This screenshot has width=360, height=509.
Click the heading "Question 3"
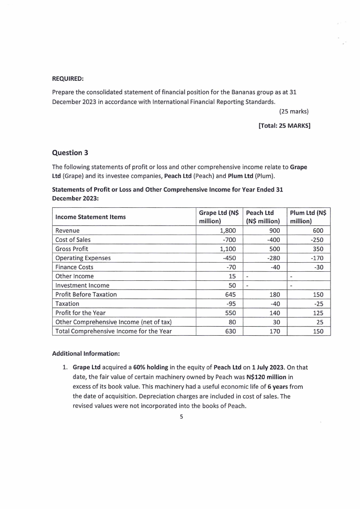pos(73,152)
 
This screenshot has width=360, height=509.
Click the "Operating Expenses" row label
pos(83,258)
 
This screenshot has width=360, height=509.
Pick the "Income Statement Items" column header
pos(90,217)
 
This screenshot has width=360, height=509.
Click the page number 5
pos(181,418)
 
